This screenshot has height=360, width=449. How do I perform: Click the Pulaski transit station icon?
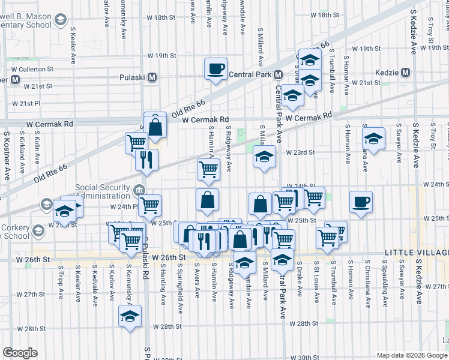pos(152,77)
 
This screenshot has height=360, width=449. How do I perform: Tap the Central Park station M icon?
pos(278,76)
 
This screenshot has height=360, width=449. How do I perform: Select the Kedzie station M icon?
pos(406,73)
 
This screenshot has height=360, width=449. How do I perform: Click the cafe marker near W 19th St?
pos(215,69)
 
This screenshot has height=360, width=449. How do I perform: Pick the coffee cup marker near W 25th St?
pos(361,202)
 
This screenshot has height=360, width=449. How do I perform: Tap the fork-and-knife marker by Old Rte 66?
pos(146,160)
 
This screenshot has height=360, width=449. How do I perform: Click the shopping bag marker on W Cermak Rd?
pos(155,127)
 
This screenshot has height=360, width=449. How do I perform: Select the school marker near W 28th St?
pos(130,316)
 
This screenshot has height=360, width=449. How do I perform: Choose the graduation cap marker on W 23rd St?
pos(264,157)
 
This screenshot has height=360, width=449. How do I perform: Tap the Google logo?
pos(20,353)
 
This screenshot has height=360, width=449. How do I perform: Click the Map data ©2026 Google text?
pos(412,355)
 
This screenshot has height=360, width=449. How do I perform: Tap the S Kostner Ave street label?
pos(7,156)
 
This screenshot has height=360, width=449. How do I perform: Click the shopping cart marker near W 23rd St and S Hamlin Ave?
pos(208,169)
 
